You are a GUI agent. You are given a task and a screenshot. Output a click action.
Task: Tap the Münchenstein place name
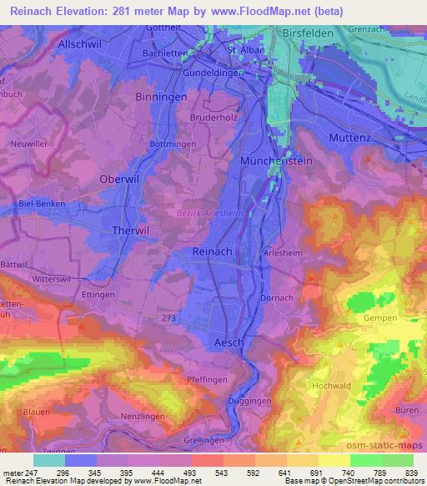272,159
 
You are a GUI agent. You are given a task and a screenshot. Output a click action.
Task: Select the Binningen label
158,98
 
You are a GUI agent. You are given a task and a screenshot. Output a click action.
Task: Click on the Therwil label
130,229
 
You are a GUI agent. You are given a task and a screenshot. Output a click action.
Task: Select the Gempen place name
379,319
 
